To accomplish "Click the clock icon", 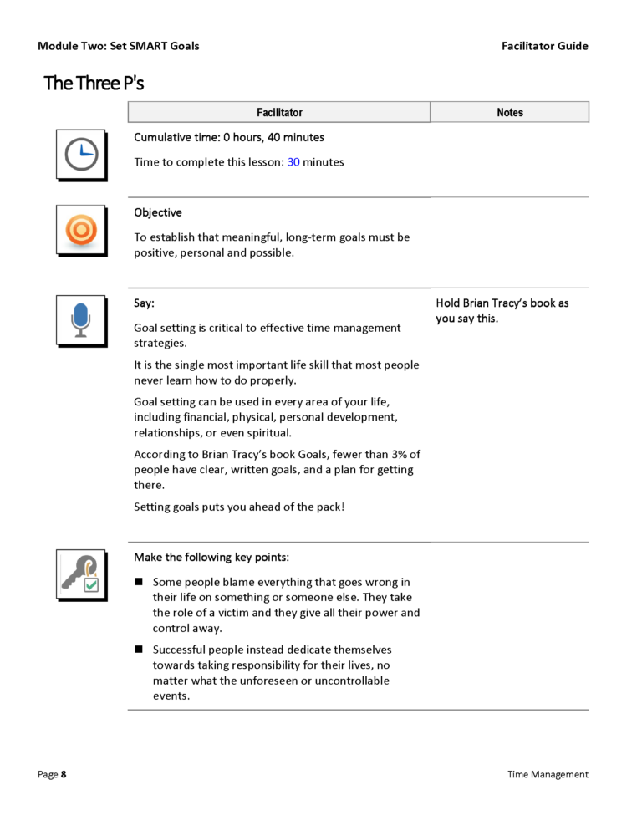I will click(81, 154).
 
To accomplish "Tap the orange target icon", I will click(81, 230).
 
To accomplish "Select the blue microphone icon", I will click(81, 320).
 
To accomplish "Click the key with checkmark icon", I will click(81, 574).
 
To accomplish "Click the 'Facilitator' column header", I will click(279, 112).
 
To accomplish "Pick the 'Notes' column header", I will click(509, 112).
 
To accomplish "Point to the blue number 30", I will click(293, 162).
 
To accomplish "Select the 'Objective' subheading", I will click(158, 212).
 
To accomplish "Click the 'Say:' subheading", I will click(144, 303).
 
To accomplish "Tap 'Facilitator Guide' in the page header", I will click(544, 46).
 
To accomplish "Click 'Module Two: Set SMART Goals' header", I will click(118, 46).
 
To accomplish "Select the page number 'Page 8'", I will click(52, 774).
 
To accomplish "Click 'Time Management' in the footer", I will click(548, 774).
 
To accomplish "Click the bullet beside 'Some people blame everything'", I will click(139, 582).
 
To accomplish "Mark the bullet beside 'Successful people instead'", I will click(139, 650).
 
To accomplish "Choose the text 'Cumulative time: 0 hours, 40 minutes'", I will click(229, 137).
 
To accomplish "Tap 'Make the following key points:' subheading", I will click(211, 557).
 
